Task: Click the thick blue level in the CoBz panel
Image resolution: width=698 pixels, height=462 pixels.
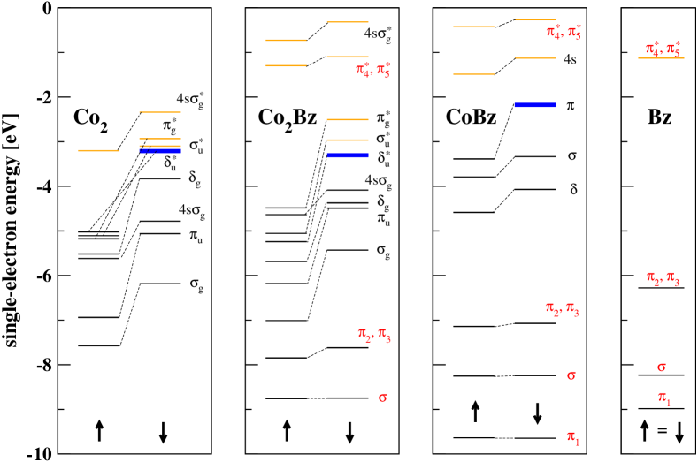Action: pyautogui.click(x=534, y=105)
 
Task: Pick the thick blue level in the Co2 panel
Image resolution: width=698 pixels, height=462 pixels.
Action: pyautogui.click(x=160, y=151)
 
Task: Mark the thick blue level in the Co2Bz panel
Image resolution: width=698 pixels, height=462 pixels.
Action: pyautogui.click(x=348, y=155)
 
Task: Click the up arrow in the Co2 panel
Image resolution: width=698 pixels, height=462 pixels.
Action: pyautogui.click(x=99, y=430)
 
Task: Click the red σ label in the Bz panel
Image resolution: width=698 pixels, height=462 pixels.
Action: pyautogui.click(x=662, y=366)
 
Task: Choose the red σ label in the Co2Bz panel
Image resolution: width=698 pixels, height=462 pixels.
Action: pyautogui.click(x=383, y=397)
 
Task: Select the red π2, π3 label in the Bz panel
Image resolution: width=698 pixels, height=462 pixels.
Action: pyautogui.click(x=662, y=279)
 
